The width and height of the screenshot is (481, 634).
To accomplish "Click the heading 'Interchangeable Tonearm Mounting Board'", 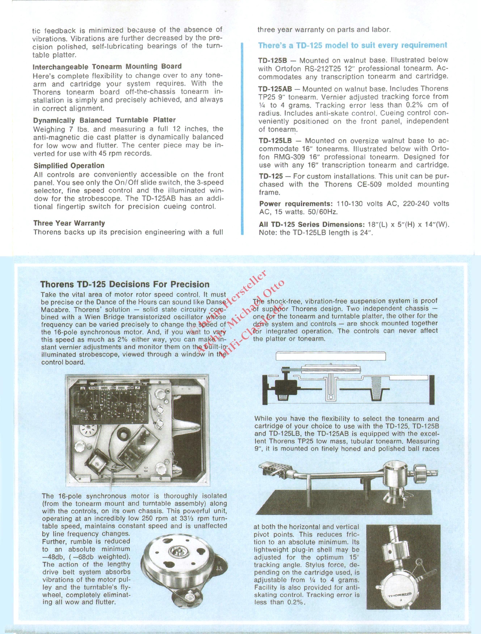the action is [x=107, y=66].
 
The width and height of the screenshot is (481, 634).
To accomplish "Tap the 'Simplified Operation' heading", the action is [x=69, y=166].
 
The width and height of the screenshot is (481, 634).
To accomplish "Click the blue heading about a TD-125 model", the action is [x=353, y=45].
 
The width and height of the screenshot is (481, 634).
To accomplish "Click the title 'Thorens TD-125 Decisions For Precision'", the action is [x=125, y=284].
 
